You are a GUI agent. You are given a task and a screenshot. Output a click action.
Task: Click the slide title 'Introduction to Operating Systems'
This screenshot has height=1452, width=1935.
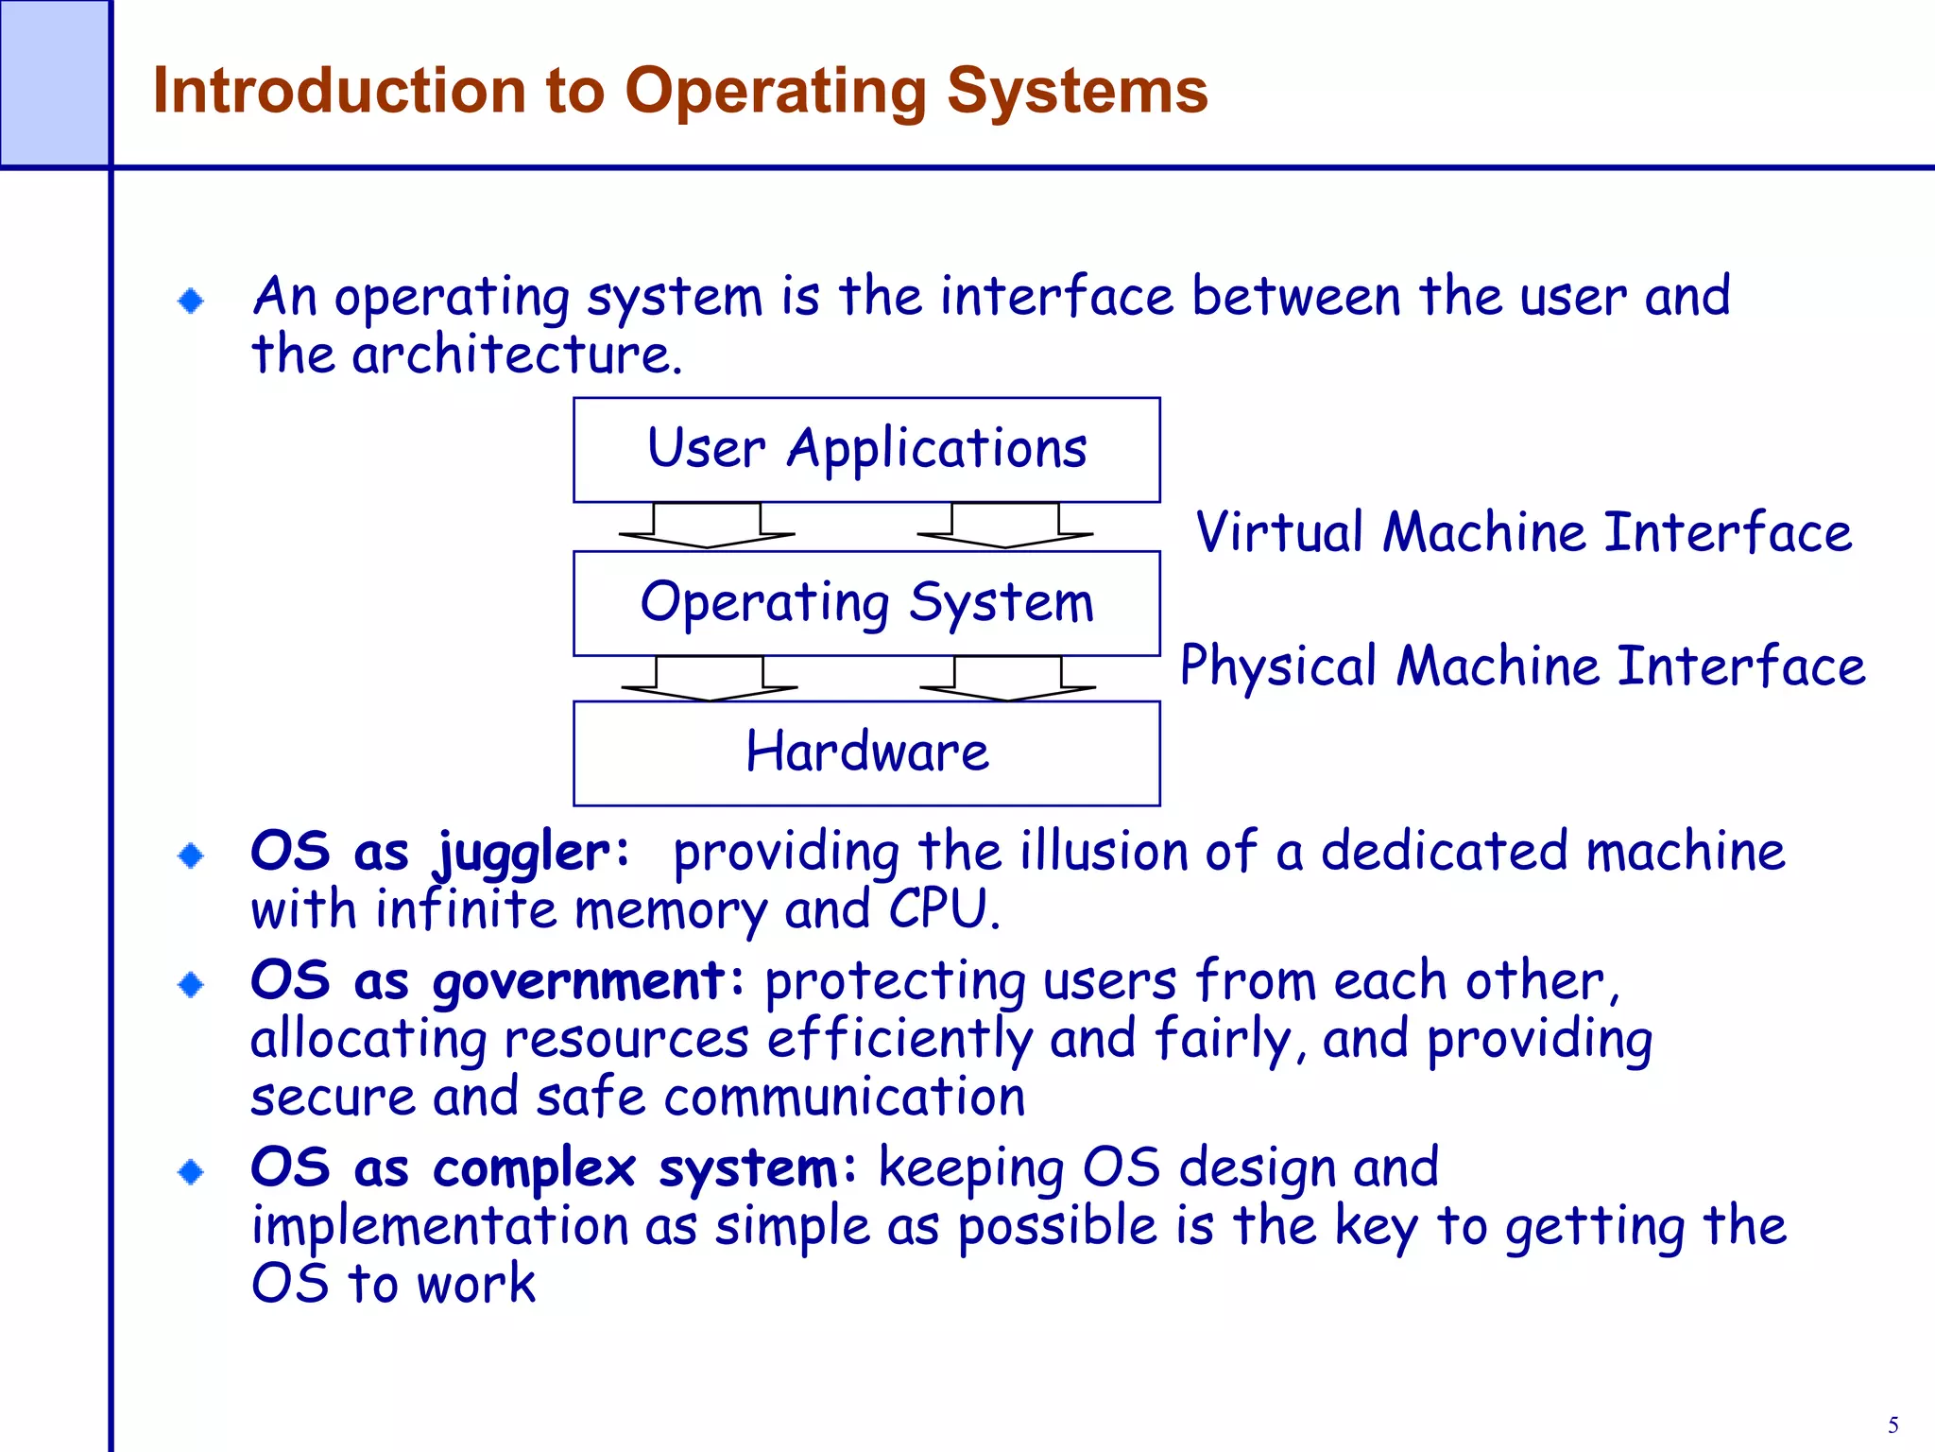click(x=680, y=91)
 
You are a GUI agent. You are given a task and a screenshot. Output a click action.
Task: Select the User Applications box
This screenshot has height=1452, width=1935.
click(x=866, y=449)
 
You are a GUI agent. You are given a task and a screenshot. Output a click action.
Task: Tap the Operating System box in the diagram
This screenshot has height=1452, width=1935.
click(x=866, y=603)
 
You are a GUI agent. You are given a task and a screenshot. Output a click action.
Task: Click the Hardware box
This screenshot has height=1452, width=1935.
click(x=866, y=752)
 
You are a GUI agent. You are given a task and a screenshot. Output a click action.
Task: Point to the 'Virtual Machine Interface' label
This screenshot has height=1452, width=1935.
click(x=1523, y=531)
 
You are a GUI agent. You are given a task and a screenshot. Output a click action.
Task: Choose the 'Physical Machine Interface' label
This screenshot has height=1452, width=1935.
click(x=1523, y=665)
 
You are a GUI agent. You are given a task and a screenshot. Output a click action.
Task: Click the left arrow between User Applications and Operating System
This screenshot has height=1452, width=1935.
click(x=707, y=527)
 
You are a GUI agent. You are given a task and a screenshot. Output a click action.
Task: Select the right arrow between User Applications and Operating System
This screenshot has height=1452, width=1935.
click(x=1005, y=527)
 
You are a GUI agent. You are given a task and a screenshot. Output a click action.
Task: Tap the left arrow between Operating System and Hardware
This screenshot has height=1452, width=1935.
click(x=710, y=679)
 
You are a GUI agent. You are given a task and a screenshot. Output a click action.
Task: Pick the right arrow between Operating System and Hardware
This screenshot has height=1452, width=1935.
click(x=1008, y=679)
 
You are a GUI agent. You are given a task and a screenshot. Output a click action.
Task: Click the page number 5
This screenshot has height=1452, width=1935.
click(x=1892, y=1426)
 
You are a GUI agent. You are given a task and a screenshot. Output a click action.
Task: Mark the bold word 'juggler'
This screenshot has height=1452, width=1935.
click(x=522, y=854)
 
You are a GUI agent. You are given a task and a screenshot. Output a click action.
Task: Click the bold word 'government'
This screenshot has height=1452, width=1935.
click(x=579, y=982)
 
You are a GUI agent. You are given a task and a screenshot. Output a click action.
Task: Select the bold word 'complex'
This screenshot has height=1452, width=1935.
click(x=535, y=1168)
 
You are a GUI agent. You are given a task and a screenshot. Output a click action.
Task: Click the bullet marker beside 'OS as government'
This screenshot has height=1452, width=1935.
click(x=192, y=985)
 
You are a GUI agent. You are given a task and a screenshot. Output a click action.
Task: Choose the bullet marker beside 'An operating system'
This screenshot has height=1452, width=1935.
click(x=192, y=302)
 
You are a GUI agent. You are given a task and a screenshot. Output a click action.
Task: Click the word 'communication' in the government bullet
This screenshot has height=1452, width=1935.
click(x=844, y=1098)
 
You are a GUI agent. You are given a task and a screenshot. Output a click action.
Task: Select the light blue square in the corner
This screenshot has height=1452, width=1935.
click(x=54, y=83)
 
